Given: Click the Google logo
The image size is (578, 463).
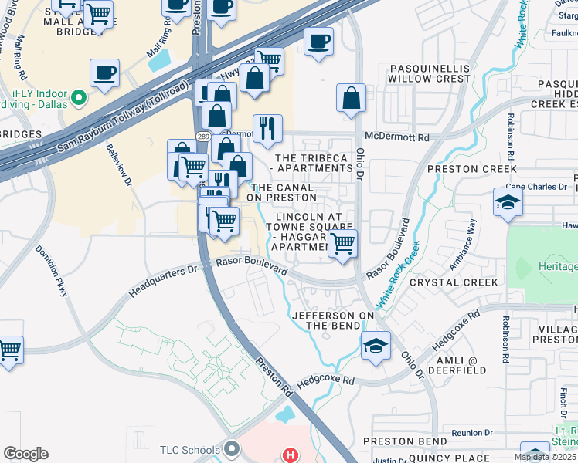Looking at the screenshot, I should click(25, 454).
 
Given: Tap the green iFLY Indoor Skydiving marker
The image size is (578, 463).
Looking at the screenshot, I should click(77, 98).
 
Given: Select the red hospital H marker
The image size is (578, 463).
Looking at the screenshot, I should click(290, 455).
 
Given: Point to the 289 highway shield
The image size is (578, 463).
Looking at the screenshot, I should click(202, 137).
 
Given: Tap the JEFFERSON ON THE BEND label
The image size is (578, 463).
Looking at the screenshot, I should click(333, 320).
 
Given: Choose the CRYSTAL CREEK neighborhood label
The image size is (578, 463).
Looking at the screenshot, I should click(454, 282).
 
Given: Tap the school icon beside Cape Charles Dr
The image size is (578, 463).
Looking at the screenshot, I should click(508, 202).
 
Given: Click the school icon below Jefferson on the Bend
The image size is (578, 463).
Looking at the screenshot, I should click(376, 345).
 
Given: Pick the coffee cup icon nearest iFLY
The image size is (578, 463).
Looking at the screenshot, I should click(104, 73).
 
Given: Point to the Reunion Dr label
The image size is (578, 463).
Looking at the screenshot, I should click(472, 433).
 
